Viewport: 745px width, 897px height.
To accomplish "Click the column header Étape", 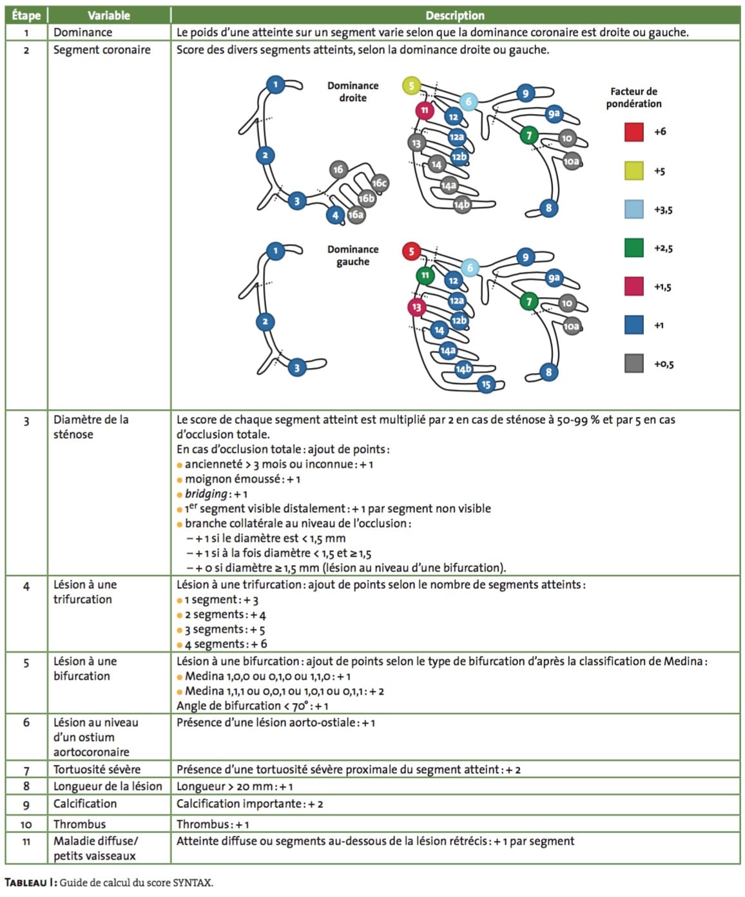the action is click(x=26, y=15).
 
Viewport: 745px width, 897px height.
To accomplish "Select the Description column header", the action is click(x=454, y=15).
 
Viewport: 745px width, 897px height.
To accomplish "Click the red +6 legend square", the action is click(x=634, y=132).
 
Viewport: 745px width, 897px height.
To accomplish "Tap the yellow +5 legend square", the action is click(x=634, y=171).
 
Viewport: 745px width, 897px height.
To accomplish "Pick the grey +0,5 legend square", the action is click(x=634, y=363).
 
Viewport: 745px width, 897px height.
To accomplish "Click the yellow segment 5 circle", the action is click(x=411, y=86).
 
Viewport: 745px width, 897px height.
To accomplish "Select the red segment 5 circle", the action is click(x=411, y=251).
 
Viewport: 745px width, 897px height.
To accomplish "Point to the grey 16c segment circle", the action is click(x=380, y=184).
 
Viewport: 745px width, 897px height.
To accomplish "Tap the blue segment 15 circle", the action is click(x=486, y=385).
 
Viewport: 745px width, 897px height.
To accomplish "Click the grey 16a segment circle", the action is click(x=356, y=215).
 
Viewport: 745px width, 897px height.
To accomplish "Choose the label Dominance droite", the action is click(x=353, y=92).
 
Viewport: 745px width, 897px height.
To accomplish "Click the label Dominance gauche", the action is click(x=353, y=256).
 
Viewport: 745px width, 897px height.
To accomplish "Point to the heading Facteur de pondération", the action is click(x=634, y=97).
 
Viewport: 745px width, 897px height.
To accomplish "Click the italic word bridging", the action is click(x=206, y=494).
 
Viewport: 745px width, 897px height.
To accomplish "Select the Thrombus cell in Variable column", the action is click(x=79, y=824).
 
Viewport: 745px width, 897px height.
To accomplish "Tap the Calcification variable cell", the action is click(x=85, y=804).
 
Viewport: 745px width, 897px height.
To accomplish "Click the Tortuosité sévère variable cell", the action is click(x=97, y=769).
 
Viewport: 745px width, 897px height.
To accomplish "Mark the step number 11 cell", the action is click(x=26, y=842).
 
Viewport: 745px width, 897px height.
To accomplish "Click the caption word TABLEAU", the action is click(x=26, y=883).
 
